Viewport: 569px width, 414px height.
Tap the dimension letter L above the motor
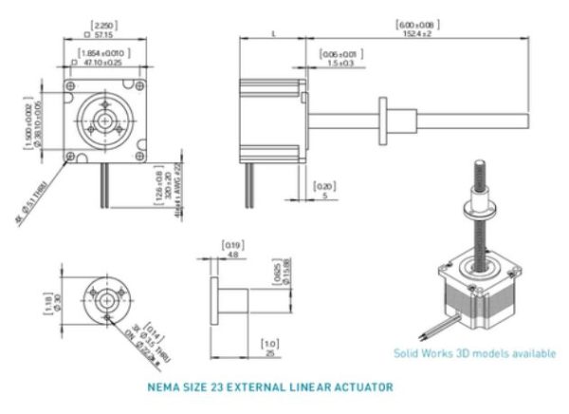pos(272,33)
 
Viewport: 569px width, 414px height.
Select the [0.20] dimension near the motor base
pos(323,186)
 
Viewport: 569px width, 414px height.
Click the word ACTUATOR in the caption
pos(361,387)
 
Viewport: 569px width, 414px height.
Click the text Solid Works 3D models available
pos(474,353)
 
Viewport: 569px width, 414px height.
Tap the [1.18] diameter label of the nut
pos(47,303)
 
